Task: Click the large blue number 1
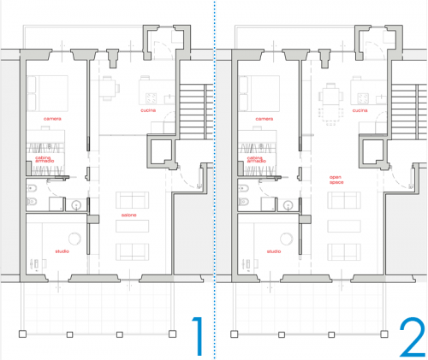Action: tap(196, 337)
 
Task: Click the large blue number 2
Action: tap(412, 337)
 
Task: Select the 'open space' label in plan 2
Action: tap(336, 179)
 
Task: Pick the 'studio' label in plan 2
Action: tap(273, 251)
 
